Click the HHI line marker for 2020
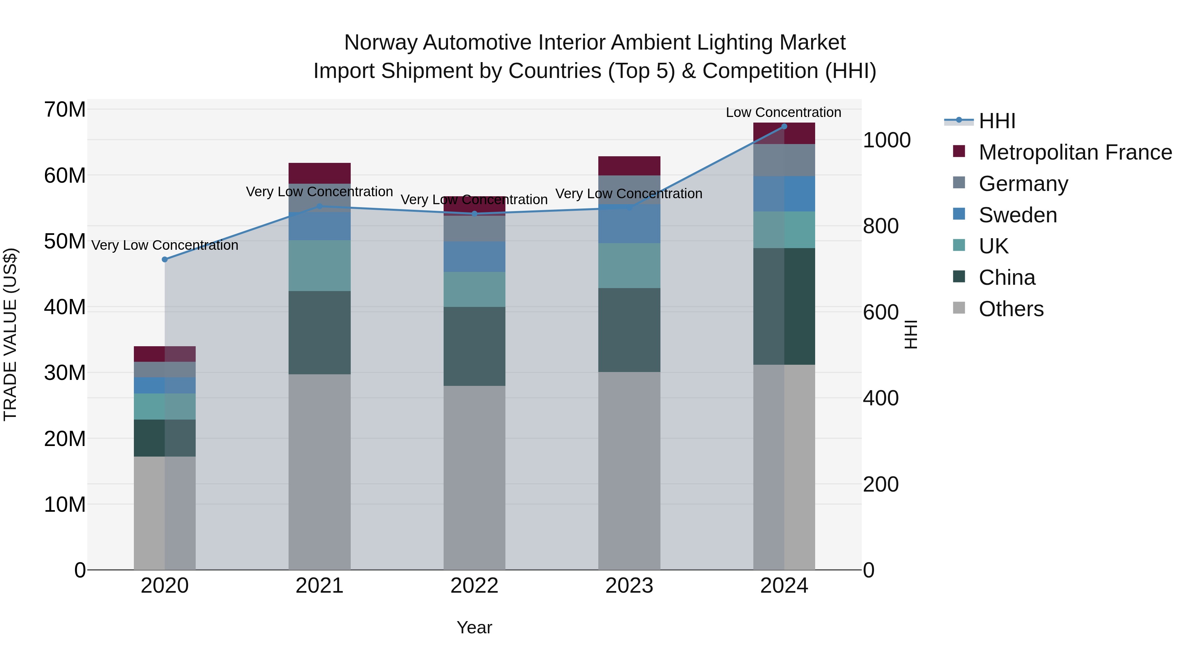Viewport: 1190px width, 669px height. [x=165, y=259]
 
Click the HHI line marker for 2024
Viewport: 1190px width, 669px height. [x=784, y=127]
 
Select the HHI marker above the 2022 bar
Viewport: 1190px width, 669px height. [x=474, y=214]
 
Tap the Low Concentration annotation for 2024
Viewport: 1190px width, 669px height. [x=783, y=113]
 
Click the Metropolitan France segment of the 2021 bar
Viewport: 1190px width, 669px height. [x=319, y=173]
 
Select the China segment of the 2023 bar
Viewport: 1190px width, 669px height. [x=629, y=330]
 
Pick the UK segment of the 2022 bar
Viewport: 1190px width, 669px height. [x=474, y=289]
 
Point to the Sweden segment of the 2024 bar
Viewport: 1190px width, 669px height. [x=784, y=194]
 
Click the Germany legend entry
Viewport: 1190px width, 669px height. [x=1023, y=184]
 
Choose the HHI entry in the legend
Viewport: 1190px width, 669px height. [x=997, y=121]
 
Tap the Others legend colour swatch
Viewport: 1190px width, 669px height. [x=959, y=308]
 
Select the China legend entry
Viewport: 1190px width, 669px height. [x=1007, y=278]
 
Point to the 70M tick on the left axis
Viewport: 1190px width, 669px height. [x=65, y=110]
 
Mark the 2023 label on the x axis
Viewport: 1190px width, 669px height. [x=629, y=586]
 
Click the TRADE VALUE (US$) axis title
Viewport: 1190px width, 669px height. [x=11, y=334]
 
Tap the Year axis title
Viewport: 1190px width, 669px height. [x=474, y=627]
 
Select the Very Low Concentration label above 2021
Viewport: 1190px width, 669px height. [x=319, y=192]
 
